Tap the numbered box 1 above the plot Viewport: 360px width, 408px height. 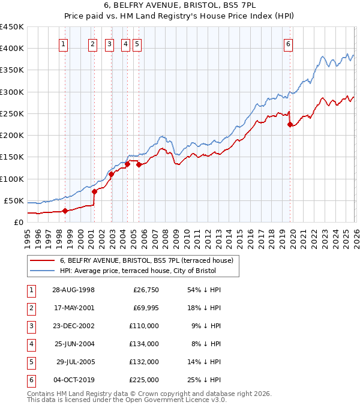point(64,43)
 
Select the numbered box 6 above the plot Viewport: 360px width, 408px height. point(289,43)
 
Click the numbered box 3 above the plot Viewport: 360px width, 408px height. point(110,43)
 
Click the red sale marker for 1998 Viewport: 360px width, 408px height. point(65,211)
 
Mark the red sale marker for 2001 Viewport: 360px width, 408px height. point(94,192)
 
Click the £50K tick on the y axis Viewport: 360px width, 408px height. point(14,200)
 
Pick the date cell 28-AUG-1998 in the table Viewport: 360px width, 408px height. point(74,290)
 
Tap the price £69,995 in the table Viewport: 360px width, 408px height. point(146,308)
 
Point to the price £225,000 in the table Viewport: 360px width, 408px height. point(145,380)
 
